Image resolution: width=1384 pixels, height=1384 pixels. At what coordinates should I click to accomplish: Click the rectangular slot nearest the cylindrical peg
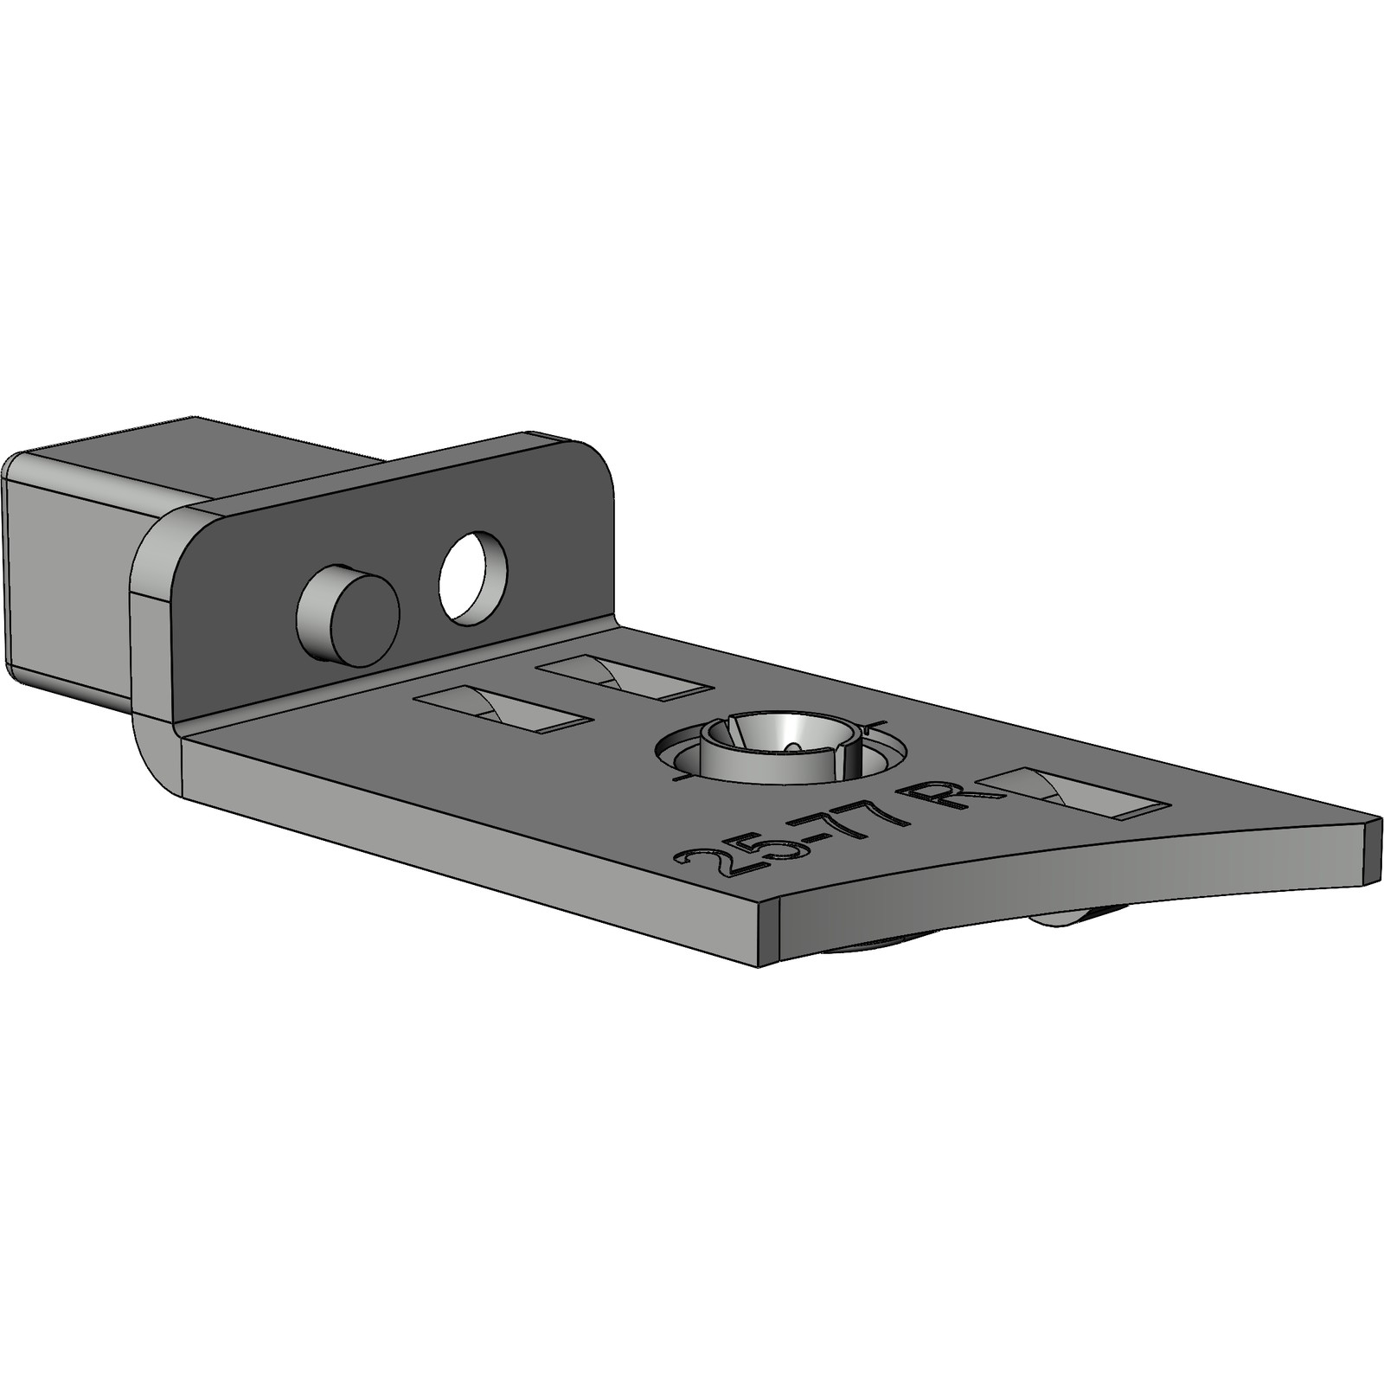pos(497,708)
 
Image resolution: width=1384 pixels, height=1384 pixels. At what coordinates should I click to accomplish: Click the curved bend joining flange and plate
pos(156,735)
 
